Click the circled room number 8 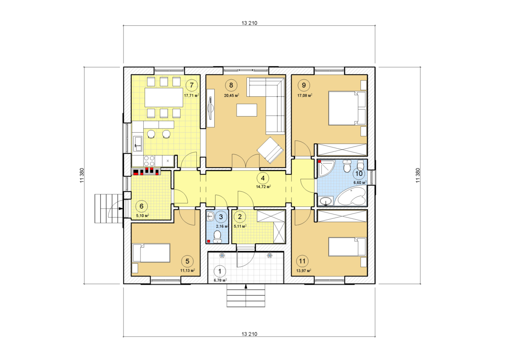click(x=231, y=85)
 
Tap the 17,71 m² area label click(x=192, y=95)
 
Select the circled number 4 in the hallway click(x=263, y=178)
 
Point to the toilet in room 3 click(x=218, y=237)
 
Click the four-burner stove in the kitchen click(x=149, y=161)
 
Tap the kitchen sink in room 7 click(x=138, y=144)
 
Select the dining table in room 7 click(x=164, y=98)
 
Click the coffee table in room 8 click(x=247, y=110)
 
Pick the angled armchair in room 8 click(x=270, y=150)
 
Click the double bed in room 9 click(x=347, y=108)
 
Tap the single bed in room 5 click(x=151, y=253)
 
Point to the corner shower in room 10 click(x=327, y=168)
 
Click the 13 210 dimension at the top click(x=249, y=23)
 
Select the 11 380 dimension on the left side click(x=82, y=175)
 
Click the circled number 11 click(x=302, y=261)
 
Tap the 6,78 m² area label click(x=221, y=280)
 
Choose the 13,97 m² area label click(x=304, y=271)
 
